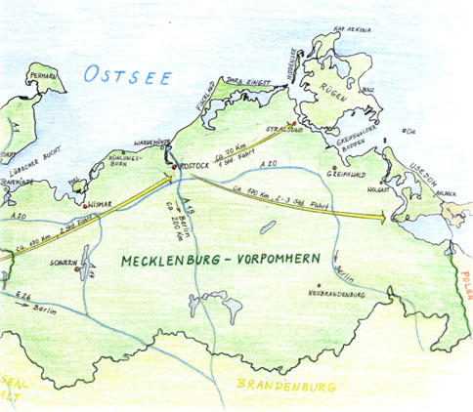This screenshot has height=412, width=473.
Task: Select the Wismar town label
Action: [101, 206]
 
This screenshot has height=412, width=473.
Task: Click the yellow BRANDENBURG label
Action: [285, 387]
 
